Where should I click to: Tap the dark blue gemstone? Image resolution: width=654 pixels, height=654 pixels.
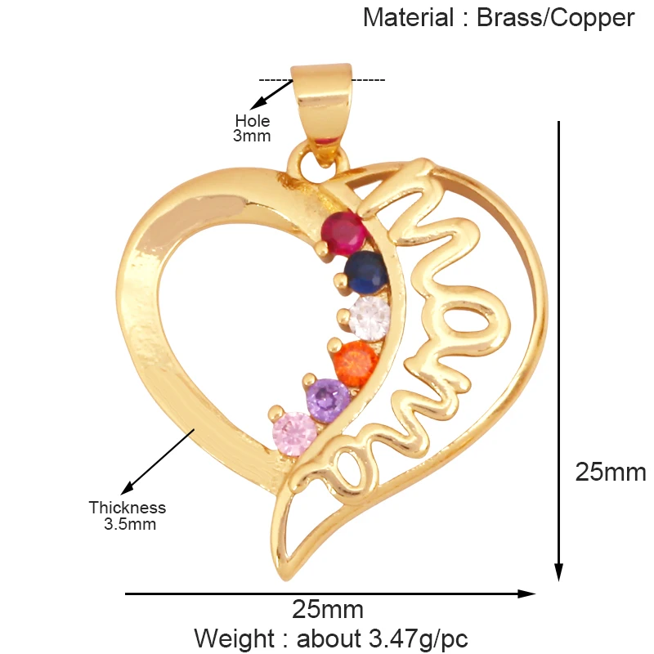(365, 271)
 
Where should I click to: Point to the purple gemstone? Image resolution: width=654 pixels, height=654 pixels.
(328, 399)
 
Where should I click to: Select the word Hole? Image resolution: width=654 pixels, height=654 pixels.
(252, 122)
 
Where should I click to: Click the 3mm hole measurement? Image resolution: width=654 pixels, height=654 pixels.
(251, 137)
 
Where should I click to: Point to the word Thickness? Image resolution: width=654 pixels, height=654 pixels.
(128, 508)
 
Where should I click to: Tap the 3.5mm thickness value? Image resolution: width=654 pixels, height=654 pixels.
(129, 524)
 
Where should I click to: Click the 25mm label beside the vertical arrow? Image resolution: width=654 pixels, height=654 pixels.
(610, 472)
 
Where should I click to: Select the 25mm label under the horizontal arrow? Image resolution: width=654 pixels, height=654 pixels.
(327, 609)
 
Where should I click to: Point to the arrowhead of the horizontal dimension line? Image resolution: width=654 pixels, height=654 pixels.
(529, 594)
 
